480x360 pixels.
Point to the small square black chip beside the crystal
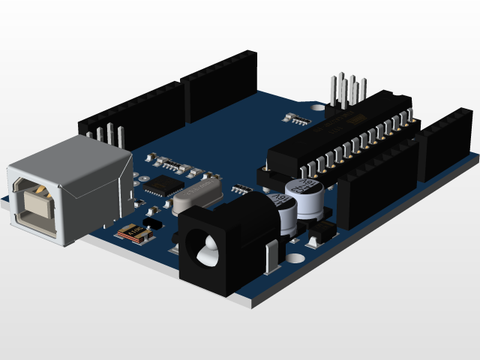pyautogui.click(x=164, y=186)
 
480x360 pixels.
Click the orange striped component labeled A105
pyautogui.click(x=136, y=234)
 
